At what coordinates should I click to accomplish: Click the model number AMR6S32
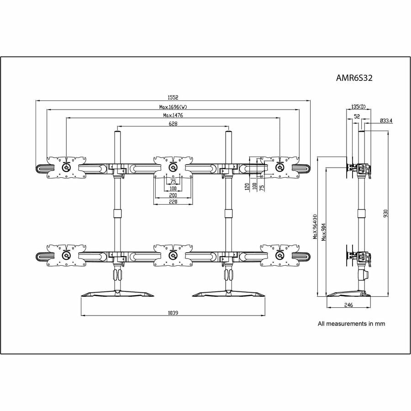[x=354, y=78]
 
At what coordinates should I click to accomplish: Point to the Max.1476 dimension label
[x=173, y=116]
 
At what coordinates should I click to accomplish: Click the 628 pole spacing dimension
[x=173, y=124]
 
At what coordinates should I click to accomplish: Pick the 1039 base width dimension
[x=173, y=313]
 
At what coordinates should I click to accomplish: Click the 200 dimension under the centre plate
[x=173, y=195]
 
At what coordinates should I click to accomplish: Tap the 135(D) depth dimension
[x=358, y=106]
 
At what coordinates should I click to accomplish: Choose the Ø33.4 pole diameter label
[x=386, y=121]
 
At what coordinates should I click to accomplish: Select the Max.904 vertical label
[x=323, y=232]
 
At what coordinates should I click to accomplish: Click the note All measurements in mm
[x=351, y=324]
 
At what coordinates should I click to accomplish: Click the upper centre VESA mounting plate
[x=172, y=167]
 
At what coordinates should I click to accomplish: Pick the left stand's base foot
[x=118, y=293]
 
